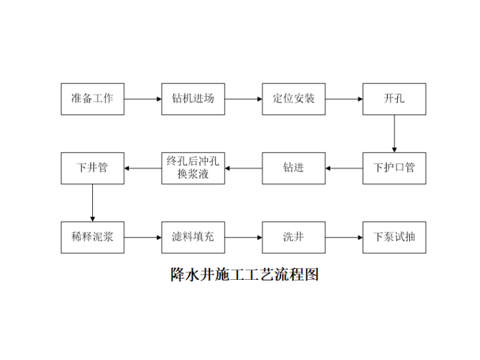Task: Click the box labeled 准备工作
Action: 92,99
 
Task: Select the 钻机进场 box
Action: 193,99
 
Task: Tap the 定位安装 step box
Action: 294,99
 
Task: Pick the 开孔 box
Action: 394,99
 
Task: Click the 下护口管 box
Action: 394,168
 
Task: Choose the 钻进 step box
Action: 294,168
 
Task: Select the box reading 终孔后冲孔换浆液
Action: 193,168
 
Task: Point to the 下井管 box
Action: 92,168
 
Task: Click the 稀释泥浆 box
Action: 92,237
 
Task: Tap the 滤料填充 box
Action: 193,237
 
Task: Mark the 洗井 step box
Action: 294,237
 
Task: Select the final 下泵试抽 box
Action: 394,237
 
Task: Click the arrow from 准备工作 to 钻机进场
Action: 143,99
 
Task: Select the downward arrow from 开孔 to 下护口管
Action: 394,133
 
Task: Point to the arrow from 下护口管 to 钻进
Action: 344,169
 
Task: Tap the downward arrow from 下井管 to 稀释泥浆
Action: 92,203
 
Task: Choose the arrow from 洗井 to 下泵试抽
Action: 344,238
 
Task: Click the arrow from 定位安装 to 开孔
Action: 344,99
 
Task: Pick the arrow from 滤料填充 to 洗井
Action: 243,238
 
